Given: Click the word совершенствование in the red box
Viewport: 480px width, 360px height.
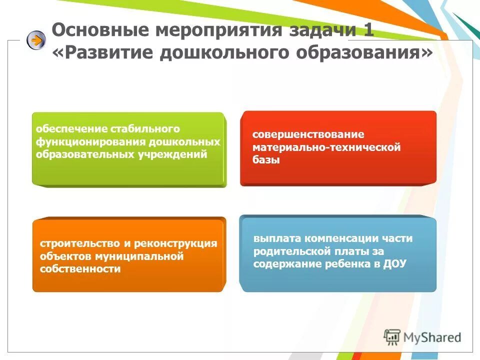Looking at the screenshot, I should pos(308,135).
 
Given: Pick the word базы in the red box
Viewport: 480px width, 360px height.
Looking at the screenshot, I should pos(266,160).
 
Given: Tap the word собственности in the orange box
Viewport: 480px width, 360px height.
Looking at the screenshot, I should pos(80,269).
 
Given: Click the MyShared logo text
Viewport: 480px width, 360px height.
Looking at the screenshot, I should pos(433,337).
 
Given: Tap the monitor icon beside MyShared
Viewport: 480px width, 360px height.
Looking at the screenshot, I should pos(392,336).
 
